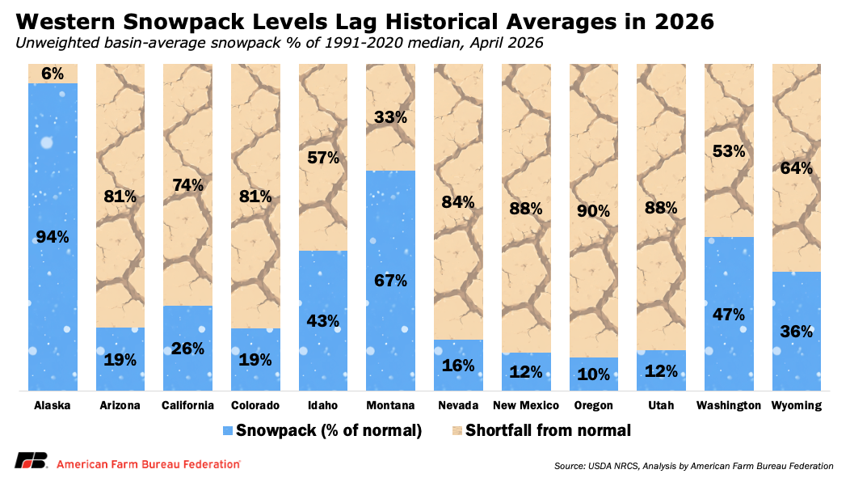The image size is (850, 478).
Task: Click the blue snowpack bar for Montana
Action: (390, 243)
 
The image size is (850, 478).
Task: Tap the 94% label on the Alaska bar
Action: (53, 237)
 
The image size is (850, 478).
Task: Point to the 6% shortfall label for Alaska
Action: (53, 73)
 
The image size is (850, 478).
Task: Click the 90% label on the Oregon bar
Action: (594, 211)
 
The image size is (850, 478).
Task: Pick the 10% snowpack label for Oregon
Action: (594, 374)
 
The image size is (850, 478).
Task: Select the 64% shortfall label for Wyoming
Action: (797, 168)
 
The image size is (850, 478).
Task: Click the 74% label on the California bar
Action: (187, 184)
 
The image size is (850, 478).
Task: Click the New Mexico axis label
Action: (526, 405)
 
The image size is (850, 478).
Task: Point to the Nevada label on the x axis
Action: (458, 405)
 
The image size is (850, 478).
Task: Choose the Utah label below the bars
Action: (661, 405)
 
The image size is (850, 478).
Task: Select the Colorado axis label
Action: (255, 405)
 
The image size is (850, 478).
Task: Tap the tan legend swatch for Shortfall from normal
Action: (456, 430)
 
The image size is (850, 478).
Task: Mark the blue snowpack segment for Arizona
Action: (120, 359)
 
